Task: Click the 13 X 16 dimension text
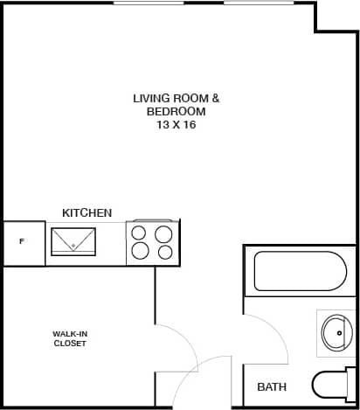[x=177, y=125]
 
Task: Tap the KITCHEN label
[x=87, y=212]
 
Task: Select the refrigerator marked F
[x=23, y=242]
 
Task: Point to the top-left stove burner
[x=140, y=233]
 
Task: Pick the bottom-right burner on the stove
[x=164, y=253]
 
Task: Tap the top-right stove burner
[x=163, y=233]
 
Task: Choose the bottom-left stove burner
[x=140, y=253]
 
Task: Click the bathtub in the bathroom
[x=300, y=271]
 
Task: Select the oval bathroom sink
[x=336, y=332]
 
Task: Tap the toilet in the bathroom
[x=334, y=386]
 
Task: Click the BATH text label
[x=272, y=386]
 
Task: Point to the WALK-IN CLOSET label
[x=69, y=338]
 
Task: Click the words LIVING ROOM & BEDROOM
[x=177, y=105]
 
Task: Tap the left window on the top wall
[x=142, y=3]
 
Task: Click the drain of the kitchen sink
[x=73, y=247]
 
